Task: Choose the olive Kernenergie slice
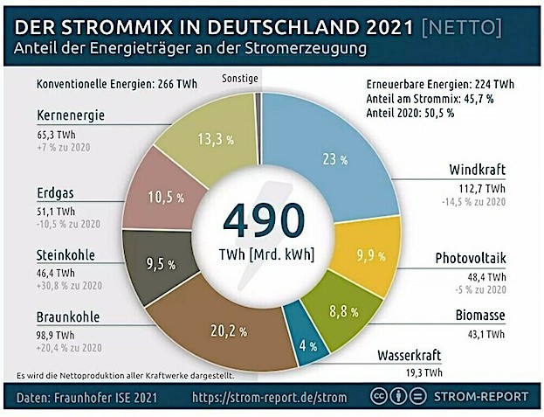(x=214, y=136)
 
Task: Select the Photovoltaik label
(x=470, y=258)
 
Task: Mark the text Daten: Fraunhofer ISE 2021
(x=93, y=398)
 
